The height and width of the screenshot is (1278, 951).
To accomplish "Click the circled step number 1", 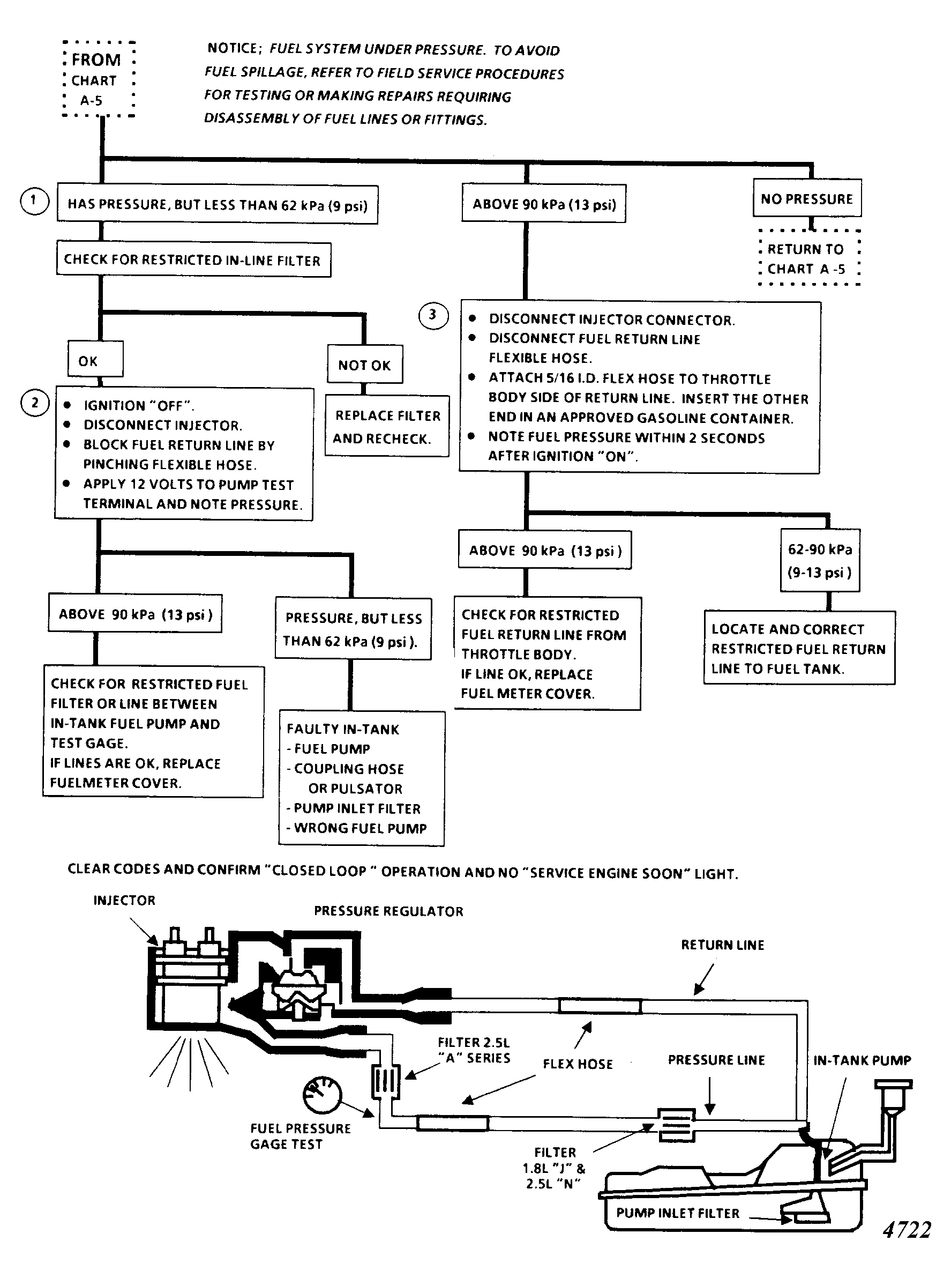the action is click(x=34, y=201).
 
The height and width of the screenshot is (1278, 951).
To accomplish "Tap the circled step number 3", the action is click(x=433, y=315).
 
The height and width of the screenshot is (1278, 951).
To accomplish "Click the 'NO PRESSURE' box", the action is click(x=807, y=198).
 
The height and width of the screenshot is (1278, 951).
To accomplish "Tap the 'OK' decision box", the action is click(x=95, y=359).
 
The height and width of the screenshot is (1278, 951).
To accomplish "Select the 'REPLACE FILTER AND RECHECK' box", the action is click(x=387, y=426).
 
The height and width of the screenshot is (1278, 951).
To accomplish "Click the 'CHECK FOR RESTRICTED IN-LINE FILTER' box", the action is click(x=193, y=260).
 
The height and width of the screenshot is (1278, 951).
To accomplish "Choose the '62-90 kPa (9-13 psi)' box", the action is click(x=820, y=560).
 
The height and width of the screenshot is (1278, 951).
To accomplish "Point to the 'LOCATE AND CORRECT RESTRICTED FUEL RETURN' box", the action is click(x=799, y=648).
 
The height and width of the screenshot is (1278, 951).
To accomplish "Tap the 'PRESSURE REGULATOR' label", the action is click(x=388, y=911).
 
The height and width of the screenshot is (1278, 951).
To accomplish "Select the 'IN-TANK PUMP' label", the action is click(x=862, y=1060).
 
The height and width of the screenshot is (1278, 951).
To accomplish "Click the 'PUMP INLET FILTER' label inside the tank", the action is click(x=678, y=1213).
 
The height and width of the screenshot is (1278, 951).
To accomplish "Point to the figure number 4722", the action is click(x=907, y=1230).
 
